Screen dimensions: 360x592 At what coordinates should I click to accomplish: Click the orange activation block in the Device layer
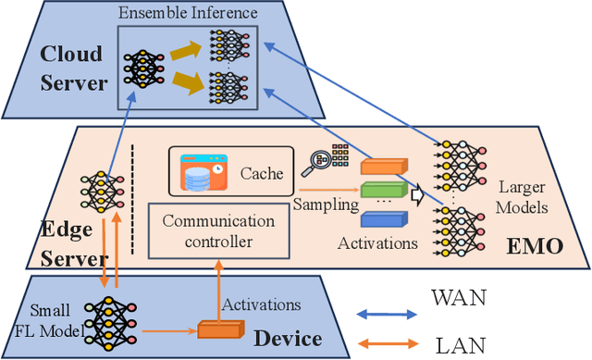coord(220,328)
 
